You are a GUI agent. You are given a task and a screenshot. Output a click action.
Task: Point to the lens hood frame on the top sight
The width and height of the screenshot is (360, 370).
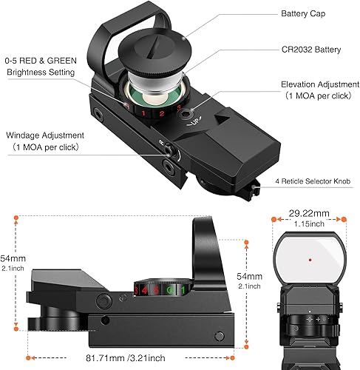(x=111, y=30)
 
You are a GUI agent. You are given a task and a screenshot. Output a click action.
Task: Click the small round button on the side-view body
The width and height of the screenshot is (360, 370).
(x=100, y=300)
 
